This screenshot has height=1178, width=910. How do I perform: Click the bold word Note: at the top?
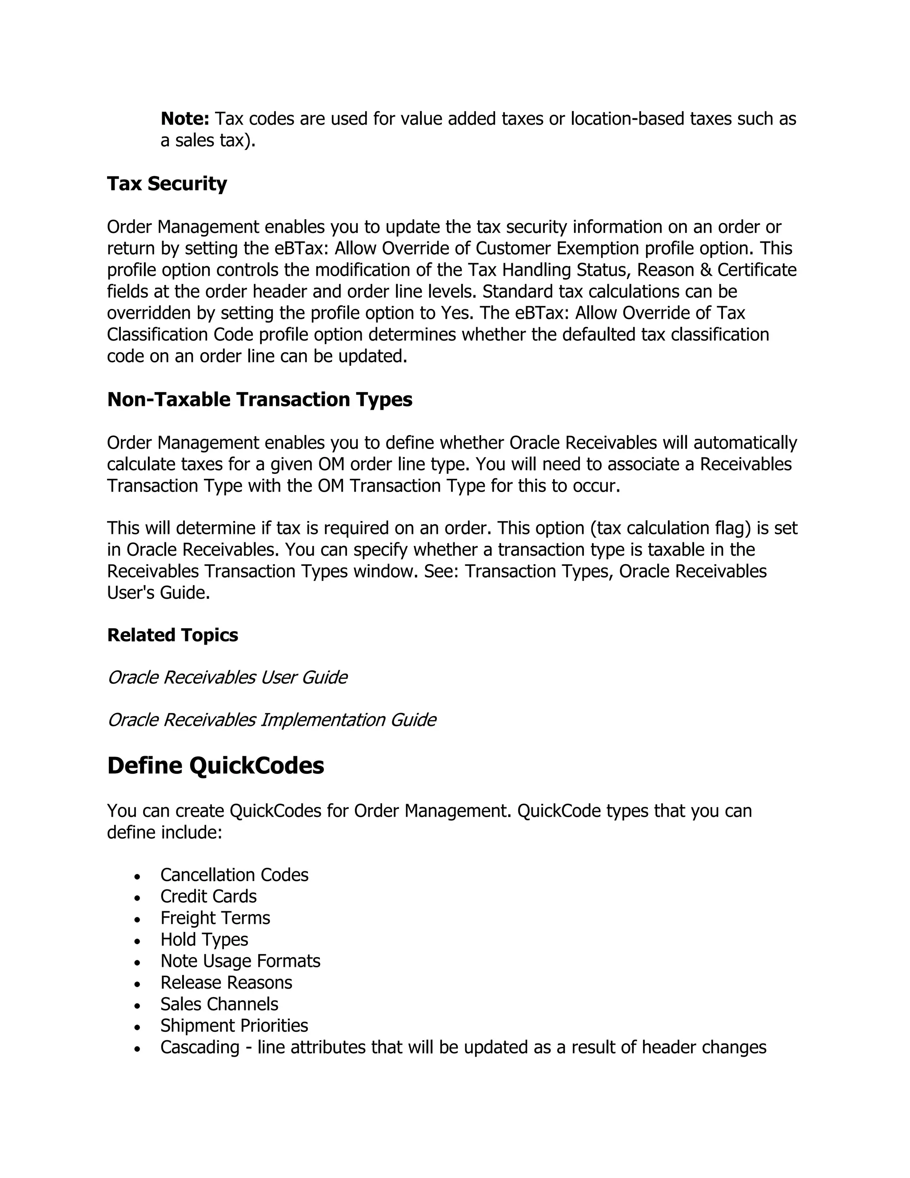pyautogui.click(x=185, y=119)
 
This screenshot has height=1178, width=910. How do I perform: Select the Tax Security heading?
pyautogui.click(x=167, y=184)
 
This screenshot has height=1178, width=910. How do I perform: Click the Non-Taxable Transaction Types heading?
pyautogui.click(x=259, y=400)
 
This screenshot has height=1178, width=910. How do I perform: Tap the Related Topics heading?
pyautogui.click(x=172, y=635)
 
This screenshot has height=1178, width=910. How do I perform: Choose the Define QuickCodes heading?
pyautogui.click(x=216, y=766)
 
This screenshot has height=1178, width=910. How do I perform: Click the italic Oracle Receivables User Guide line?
pyautogui.click(x=227, y=677)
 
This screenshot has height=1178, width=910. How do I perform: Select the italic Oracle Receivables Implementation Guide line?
pyautogui.click(x=271, y=720)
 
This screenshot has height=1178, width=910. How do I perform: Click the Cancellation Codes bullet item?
pyautogui.click(x=234, y=875)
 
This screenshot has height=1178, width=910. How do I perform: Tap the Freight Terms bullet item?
pyautogui.click(x=215, y=918)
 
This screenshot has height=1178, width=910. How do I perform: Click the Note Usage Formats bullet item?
pyautogui.click(x=240, y=961)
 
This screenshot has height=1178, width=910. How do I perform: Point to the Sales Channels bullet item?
pyautogui.click(x=219, y=1004)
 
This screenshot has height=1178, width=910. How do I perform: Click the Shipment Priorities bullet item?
pyautogui.click(x=234, y=1026)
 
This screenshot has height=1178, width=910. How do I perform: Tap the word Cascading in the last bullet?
pyautogui.click(x=200, y=1047)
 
